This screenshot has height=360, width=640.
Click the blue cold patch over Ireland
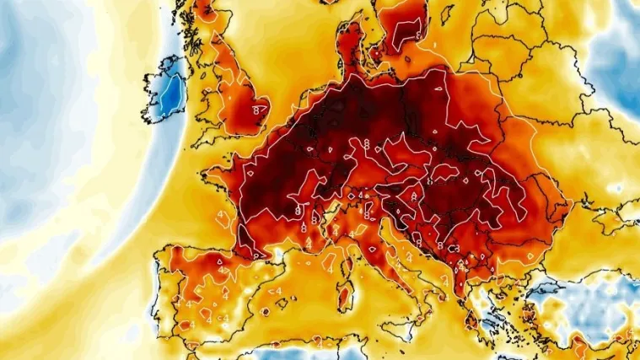point(172,92)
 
